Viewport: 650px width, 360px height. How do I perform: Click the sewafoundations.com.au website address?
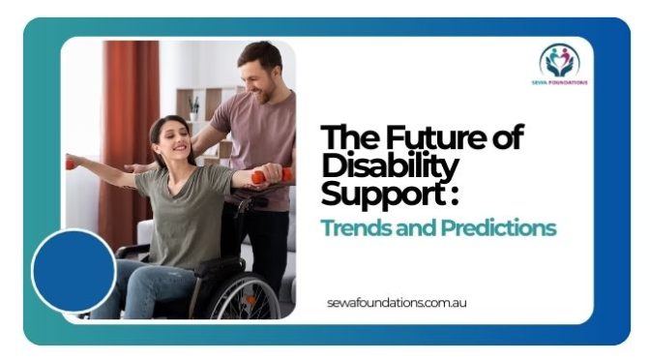coord(398,303)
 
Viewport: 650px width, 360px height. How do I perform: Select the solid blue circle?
coord(74,270)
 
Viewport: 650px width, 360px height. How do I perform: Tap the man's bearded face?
coord(259,74)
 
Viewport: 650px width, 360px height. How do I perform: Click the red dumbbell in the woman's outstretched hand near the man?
coord(260,177)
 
